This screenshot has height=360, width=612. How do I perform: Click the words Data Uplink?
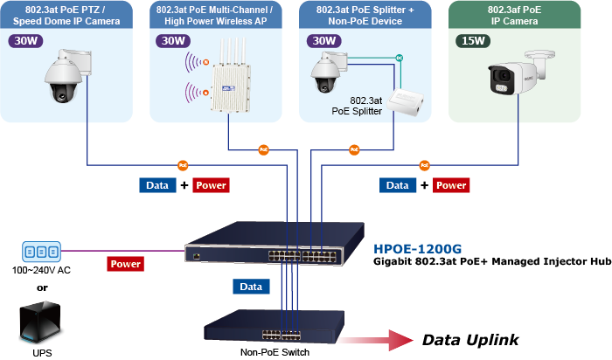[471, 340]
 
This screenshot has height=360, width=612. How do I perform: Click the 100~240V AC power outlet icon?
[41, 252]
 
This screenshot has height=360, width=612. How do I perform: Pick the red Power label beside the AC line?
[126, 263]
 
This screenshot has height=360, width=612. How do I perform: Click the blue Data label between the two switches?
[251, 287]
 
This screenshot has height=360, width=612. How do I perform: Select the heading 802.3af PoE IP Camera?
[515, 15]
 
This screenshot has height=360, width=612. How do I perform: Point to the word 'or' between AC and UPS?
[41, 287]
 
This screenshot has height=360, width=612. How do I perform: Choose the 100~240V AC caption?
[41, 270]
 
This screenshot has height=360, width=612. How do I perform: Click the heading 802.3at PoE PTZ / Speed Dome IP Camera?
[66, 15]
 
